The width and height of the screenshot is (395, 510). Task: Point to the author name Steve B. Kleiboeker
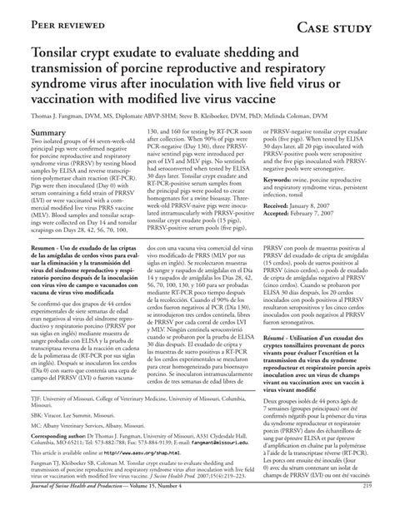click(x=222, y=115)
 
